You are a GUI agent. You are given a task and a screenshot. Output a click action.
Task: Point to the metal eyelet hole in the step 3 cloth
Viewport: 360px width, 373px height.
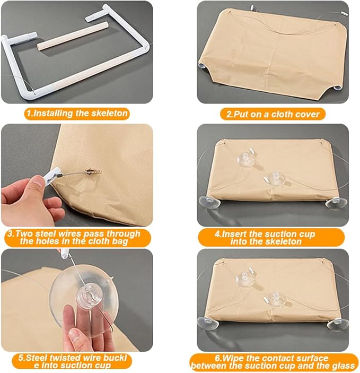(x=93, y=171)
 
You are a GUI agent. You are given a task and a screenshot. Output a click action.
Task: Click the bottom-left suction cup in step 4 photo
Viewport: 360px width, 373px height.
(x=209, y=202)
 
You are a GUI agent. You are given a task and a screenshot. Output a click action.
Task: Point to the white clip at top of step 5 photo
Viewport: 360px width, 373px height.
(x=64, y=254)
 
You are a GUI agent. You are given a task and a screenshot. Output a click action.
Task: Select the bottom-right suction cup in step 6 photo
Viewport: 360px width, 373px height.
(x=337, y=325)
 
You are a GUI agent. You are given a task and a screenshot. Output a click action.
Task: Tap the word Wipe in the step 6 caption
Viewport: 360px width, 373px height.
(x=234, y=358)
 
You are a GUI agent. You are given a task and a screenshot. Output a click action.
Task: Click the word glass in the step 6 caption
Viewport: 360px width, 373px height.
(x=344, y=366)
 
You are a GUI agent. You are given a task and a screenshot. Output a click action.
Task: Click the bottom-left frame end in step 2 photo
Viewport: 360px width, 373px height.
(x=201, y=66)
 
